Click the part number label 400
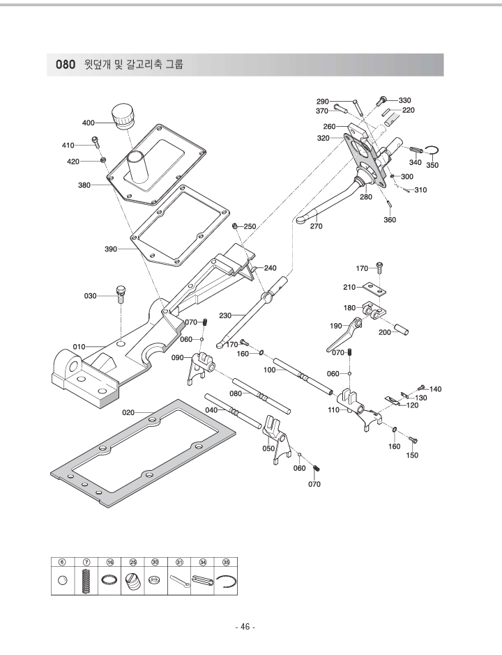pos(89,123)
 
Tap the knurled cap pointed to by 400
pos(123,115)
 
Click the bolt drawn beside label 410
pos(97,144)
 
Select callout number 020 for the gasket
pos(128,412)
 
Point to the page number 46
pos(245,627)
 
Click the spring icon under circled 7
pos(86,581)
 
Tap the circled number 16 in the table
pos(110,561)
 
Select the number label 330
pos(404,100)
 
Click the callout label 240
pos(271,267)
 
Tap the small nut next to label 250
pos(236,225)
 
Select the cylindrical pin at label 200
pos(402,327)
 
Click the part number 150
pos(413,455)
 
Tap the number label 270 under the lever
pos(317,226)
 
